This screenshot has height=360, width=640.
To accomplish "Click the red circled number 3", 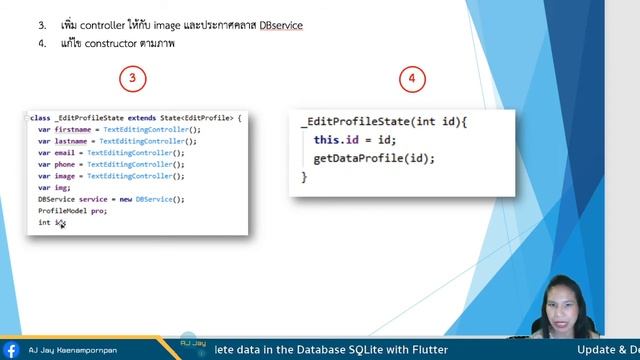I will (x=132, y=78).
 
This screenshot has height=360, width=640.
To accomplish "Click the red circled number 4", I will (x=411, y=79).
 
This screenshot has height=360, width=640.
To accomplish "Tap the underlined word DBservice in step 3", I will (x=281, y=24).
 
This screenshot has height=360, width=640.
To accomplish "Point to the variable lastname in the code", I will (x=73, y=141).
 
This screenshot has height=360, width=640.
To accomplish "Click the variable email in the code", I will (x=66, y=153).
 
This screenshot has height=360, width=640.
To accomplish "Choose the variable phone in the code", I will (x=66, y=164).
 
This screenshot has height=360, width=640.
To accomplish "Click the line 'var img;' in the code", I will (x=54, y=187).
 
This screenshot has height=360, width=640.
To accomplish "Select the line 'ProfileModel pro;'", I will (x=72, y=211).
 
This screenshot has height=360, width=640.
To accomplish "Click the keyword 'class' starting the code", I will (x=40, y=118).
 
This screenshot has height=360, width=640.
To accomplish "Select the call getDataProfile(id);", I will (x=374, y=158).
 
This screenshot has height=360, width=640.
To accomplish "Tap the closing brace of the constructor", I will (x=304, y=176).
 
